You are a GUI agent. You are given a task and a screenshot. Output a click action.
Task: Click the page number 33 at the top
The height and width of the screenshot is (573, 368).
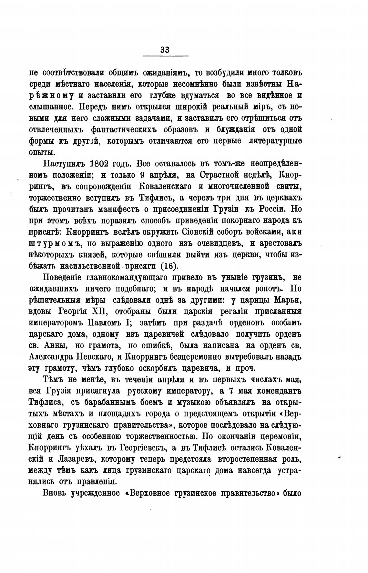pyautogui.click(x=165, y=50)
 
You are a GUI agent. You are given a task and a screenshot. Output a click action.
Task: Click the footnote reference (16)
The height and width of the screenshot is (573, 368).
pyautogui.click(x=169, y=265)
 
